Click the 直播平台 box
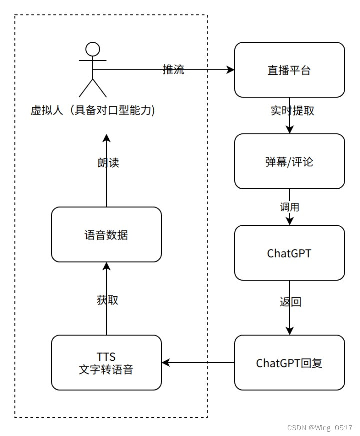point(289,70)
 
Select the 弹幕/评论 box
point(289,161)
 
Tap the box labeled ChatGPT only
point(289,253)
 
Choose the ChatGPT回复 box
point(289,363)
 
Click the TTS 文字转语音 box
point(106,363)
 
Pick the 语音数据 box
point(106,234)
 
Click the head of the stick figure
point(93,50)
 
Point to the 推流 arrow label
point(173,70)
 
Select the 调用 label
point(290,206)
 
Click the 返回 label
point(290,302)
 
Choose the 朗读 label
point(108,163)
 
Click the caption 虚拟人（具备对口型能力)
point(93,111)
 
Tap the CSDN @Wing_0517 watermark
point(320,427)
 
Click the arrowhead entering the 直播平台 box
point(231,70)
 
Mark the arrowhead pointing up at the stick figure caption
point(106,137)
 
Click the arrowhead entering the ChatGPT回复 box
point(290,331)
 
